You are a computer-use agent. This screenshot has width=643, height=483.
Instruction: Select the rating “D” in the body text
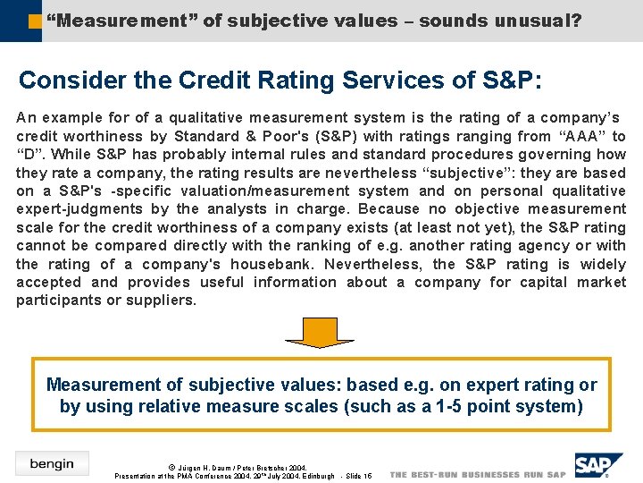30,155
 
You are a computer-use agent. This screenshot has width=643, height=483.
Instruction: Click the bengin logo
52,462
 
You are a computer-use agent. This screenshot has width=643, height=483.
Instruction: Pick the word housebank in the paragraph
269,264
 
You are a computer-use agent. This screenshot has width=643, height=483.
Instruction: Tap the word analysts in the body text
232,209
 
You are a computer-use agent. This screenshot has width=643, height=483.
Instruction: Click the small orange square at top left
34,20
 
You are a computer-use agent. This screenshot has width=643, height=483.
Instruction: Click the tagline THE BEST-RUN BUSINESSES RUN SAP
478,475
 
